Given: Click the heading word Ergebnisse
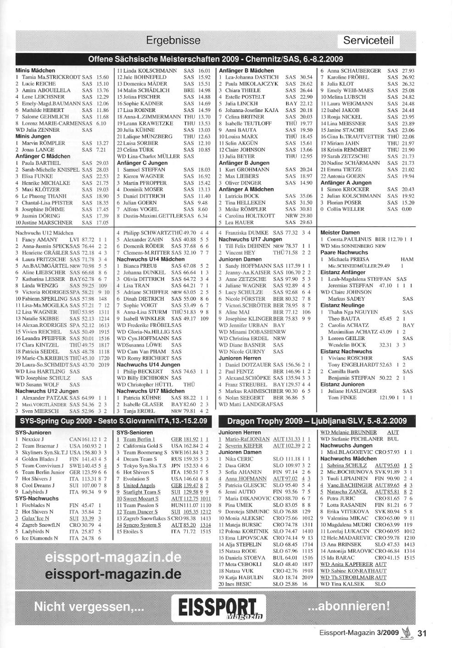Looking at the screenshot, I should [x=173, y=40].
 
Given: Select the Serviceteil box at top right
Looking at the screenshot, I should [x=368, y=40].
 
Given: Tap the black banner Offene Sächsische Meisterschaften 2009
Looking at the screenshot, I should [x=215, y=59].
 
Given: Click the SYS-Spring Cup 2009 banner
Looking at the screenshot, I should [x=113, y=421].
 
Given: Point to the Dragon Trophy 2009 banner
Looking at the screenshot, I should [x=317, y=421].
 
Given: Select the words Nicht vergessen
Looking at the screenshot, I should [x=89, y=607].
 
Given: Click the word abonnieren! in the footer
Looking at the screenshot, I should [x=349, y=606].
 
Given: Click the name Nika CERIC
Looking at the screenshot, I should [x=239, y=459].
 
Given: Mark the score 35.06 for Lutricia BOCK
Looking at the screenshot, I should [x=306, y=196].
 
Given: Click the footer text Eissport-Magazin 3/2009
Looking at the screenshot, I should [x=359, y=633].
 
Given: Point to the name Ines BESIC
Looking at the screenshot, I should [x=238, y=584].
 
